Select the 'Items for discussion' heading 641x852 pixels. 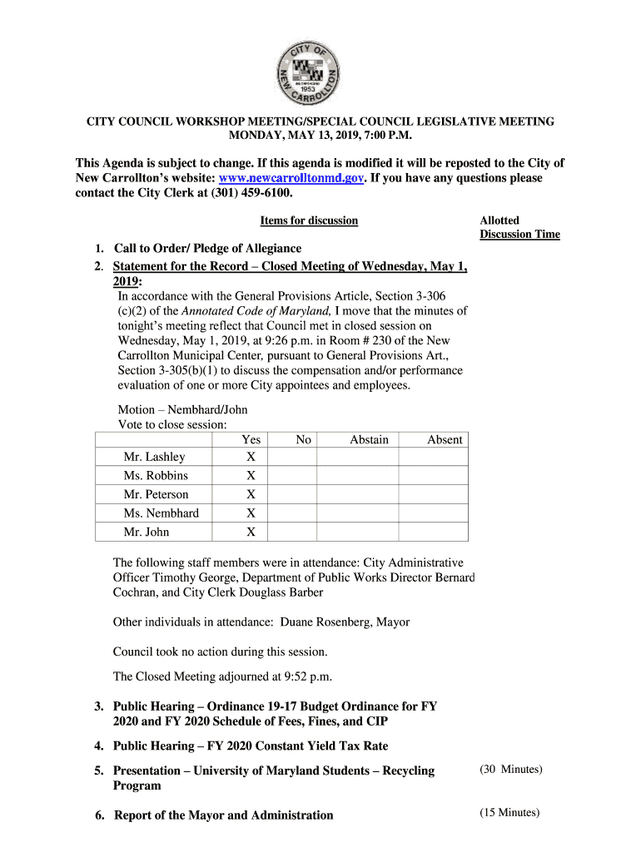[309, 220]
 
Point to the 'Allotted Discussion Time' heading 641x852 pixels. [519, 227]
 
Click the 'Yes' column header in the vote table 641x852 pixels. [251, 440]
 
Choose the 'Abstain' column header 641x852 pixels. [369, 440]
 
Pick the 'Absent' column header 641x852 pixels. [445, 440]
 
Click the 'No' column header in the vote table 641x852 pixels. [303, 440]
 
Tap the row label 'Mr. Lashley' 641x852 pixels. [154, 457]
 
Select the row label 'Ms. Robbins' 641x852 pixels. [156, 476]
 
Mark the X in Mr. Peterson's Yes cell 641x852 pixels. [251, 495]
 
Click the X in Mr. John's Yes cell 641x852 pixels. [251, 532]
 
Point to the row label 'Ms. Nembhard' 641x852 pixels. [161, 513]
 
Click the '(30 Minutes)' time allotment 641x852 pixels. [510, 770]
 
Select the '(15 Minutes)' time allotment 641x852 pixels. [509, 813]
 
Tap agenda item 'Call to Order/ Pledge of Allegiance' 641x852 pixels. [207, 249]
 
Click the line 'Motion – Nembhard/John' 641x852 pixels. [182, 409]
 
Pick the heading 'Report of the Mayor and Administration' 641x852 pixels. [223, 815]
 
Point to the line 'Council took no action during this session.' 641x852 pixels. [220, 651]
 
